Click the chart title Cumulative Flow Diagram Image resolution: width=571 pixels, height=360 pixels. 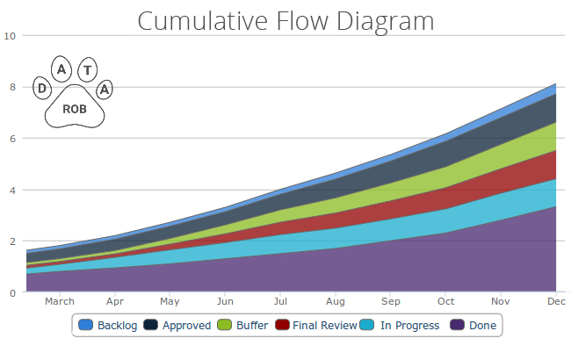(285, 19)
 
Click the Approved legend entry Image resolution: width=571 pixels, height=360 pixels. (180, 325)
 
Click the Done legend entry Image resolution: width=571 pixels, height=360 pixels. (473, 325)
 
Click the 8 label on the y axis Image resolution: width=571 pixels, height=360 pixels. (12, 87)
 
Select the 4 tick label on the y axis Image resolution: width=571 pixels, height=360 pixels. (12, 190)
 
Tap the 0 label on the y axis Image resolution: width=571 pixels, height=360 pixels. (12, 292)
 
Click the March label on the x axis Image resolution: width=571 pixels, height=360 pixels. (59, 301)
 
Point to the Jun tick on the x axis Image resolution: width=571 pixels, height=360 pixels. (225, 301)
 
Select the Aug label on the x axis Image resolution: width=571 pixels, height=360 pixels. (336, 301)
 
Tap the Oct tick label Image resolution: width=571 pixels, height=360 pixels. (446, 301)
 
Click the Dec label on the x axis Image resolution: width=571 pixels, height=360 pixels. (556, 301)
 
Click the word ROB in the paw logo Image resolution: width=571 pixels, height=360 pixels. (75, 109)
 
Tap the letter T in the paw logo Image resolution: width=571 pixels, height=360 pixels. (87, 69)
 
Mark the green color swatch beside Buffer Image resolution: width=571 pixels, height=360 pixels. (226, 325)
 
